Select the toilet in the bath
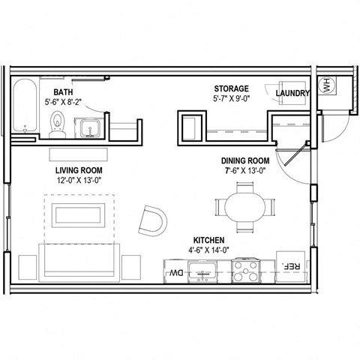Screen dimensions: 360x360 pos(57,124)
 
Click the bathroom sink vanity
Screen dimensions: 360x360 pos(89,127)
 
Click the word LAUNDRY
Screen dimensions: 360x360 pos(292,93)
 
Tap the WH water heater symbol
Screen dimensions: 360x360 pos(326,86)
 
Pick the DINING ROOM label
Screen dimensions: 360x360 pos(244,160)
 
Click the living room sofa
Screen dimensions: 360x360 pos(79,262)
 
